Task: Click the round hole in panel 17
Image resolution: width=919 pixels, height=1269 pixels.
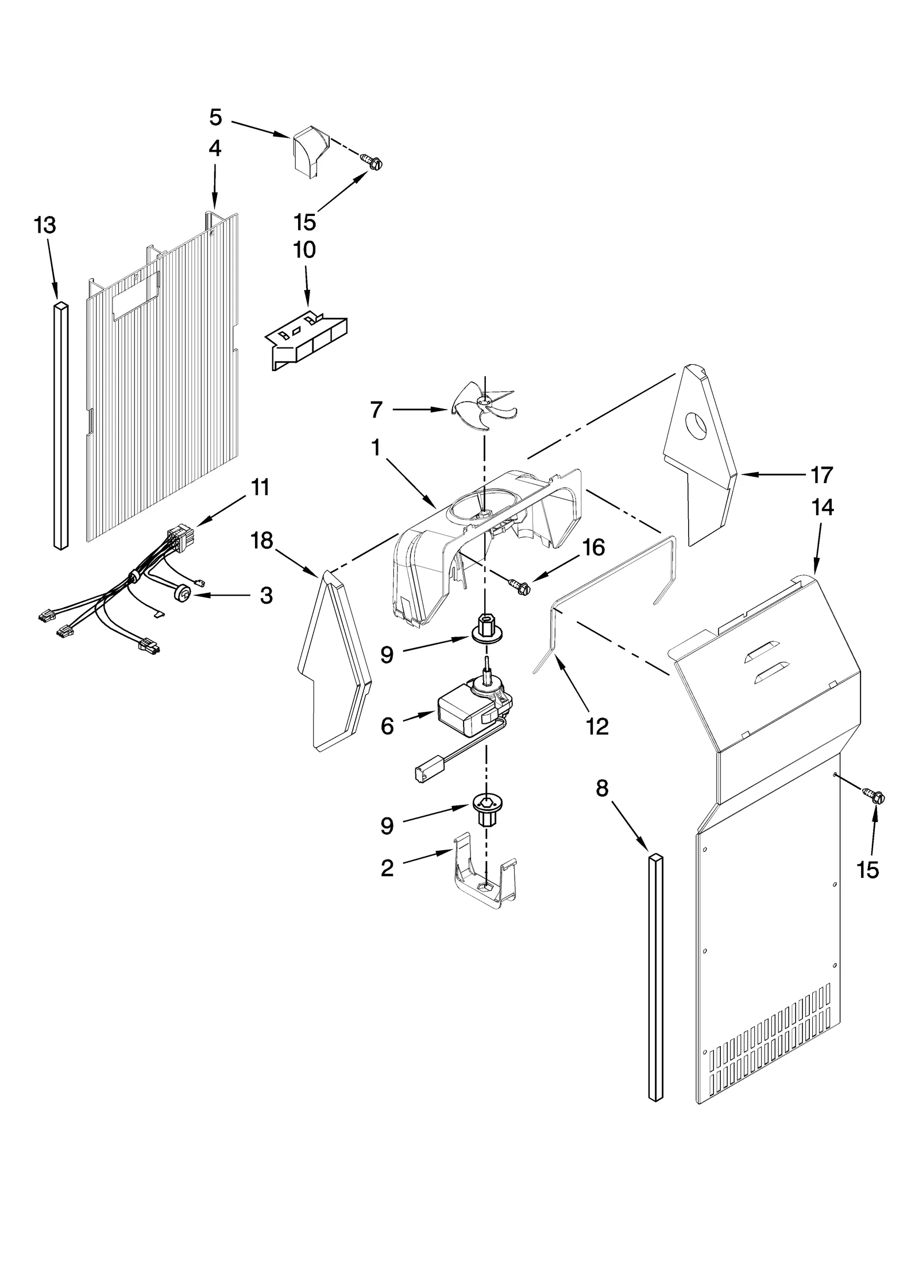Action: coord(697,427)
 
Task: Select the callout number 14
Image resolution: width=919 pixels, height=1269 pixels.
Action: coord(823,507)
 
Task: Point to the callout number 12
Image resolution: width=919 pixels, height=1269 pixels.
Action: coord(597,727)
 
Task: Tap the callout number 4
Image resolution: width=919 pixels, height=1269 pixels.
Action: coord(214,148)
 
